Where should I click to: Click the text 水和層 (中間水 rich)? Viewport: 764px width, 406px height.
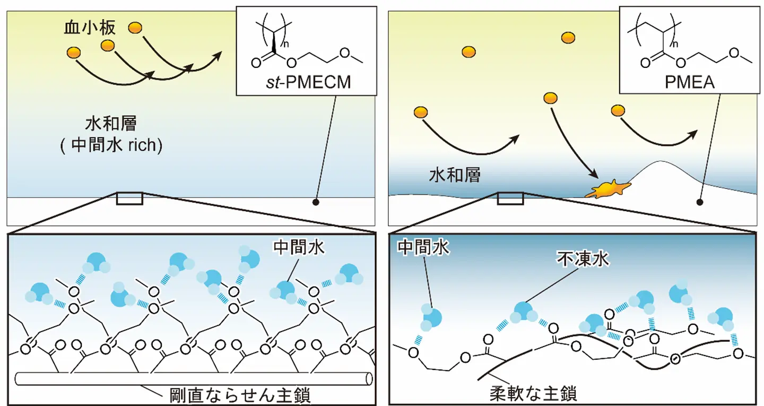click(111, 135)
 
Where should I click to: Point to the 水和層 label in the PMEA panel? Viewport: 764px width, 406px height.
click(455, 175)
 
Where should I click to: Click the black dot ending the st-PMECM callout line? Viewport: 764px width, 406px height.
click(315, 202)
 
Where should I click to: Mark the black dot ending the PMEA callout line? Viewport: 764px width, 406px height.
click(700, 202)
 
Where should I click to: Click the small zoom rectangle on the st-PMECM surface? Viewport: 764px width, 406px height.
click(129, 198)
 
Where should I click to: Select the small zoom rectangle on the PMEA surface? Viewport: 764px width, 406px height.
click(510, 198)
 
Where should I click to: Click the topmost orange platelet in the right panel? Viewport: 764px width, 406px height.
click(568, 37)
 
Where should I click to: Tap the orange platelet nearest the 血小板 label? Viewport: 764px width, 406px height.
click(136, 27)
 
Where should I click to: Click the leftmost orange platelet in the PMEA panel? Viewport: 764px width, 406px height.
click(421, 112)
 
